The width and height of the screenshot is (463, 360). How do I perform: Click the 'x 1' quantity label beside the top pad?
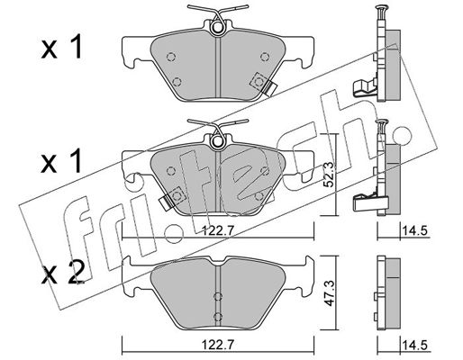62,47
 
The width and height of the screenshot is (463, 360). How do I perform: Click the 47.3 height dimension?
330,293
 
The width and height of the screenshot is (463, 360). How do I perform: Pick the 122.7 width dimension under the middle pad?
218,231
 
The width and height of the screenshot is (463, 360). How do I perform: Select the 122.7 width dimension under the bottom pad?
217,345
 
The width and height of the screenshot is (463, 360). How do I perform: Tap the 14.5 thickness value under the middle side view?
414,231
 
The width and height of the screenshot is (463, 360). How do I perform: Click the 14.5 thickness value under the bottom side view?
414,345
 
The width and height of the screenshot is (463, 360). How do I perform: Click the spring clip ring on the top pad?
218,28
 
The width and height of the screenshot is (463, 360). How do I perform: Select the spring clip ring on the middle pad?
218,142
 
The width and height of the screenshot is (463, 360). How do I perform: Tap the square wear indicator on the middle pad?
177,195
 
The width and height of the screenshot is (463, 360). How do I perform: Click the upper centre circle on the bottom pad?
218,296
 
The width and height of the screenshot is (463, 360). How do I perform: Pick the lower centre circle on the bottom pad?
218,316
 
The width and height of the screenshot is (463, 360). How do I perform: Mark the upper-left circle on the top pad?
170,57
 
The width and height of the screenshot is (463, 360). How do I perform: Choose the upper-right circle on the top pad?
265,56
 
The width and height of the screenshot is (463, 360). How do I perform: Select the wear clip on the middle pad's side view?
370,202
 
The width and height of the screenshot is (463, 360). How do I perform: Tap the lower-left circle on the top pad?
177,81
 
